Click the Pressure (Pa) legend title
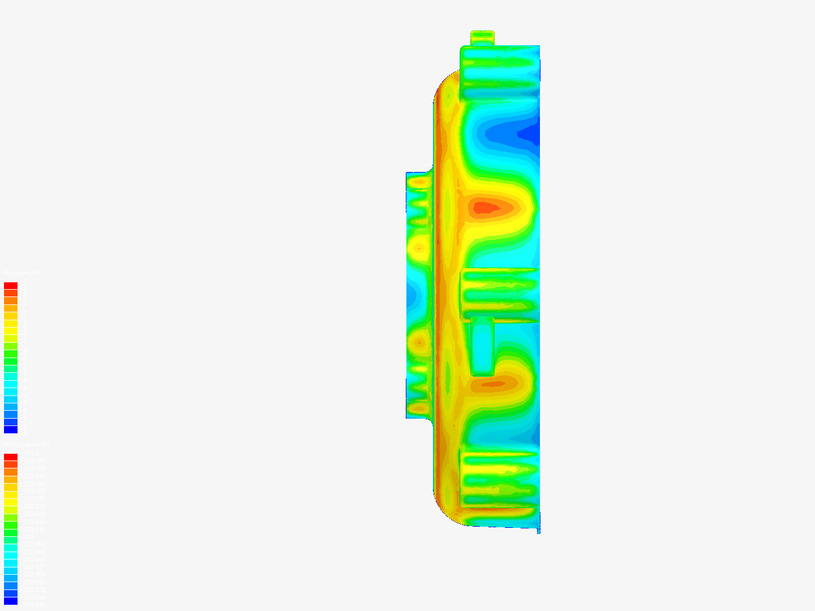pos(22,273)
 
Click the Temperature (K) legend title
pos(26,444)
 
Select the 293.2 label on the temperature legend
pos(31,453)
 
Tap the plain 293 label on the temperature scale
pos(28,536)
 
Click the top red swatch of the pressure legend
pos(11,286)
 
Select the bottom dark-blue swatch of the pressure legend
pos(11,429)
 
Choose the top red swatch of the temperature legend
pos(11,457)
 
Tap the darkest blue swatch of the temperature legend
pos(11,601)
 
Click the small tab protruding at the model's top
pos(482,37)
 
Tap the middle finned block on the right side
pos(498,294)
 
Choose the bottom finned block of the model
pos(498,478)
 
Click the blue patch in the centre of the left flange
pos(411,294)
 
